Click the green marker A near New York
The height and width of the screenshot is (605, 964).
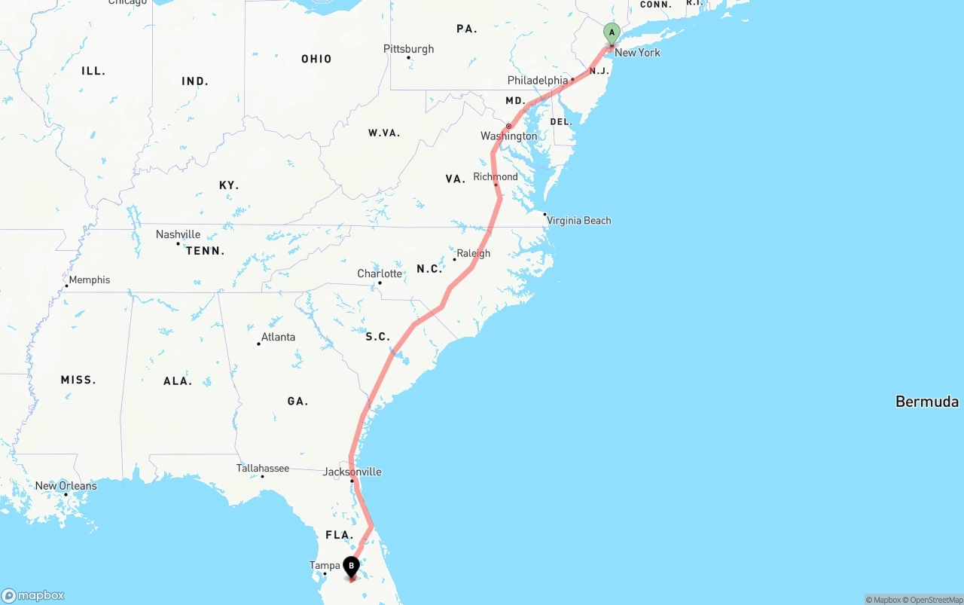point(612,32)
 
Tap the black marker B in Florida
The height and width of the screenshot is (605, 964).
point(351,567)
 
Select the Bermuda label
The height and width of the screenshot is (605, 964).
point(926,402)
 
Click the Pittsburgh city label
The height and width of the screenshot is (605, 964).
point(409,49)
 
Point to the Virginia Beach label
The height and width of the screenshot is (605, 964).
point(578,221)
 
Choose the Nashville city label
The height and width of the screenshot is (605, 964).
point(178,234)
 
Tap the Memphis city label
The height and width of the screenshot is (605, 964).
point(89,280)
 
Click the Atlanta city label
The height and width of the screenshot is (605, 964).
point(278,337)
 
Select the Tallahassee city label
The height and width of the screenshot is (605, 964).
point(263,469)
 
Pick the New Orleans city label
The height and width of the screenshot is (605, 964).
point(66,486)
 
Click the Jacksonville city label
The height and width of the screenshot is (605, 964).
point(352,472)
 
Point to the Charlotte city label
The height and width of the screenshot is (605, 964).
point(380,273)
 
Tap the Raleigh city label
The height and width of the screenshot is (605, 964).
point(473,254)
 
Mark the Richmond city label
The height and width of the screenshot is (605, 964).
point(496,177)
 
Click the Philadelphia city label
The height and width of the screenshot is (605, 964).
point(538,81)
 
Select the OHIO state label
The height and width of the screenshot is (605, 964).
point(316,59)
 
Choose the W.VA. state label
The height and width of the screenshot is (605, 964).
point(384,133)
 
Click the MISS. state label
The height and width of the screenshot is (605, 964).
point(78,380)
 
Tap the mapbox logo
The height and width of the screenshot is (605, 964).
point(33,595)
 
